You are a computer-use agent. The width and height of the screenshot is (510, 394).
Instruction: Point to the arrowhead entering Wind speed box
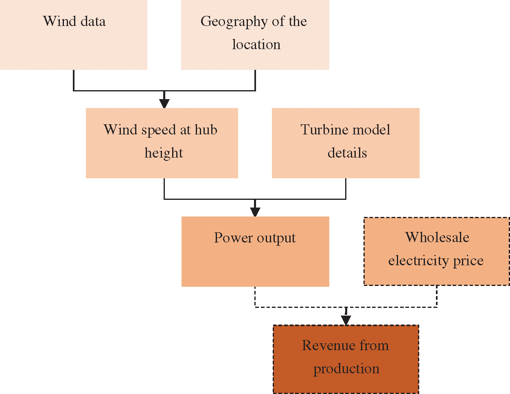click(x=164, y=103)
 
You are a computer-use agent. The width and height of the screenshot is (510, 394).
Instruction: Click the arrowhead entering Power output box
click(x=255, y=212)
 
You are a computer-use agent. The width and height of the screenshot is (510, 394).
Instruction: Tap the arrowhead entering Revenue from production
click(x=346, y=320)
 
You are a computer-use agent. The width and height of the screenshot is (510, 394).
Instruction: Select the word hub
click(x=206, y=130)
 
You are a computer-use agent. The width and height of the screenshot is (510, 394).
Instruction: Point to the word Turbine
click(x=319, y=130)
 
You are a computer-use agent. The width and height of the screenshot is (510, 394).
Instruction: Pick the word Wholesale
click(x=437, y=237)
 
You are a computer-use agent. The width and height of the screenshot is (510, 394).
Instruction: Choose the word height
click(x=164, y=153)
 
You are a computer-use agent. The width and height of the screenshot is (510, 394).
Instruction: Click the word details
click(x=347, y=153)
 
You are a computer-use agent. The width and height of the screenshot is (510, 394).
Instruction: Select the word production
click(x=346, y=369)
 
